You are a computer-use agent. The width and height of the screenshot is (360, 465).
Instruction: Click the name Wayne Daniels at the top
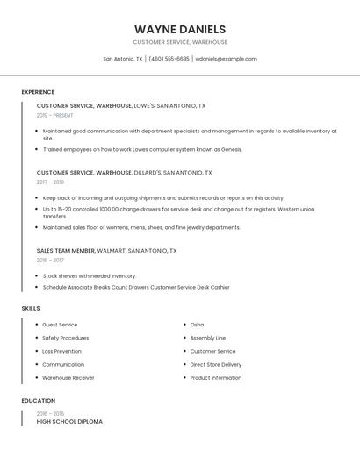point(180,29)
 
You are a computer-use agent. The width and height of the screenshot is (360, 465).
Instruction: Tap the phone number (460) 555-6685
point(169,59)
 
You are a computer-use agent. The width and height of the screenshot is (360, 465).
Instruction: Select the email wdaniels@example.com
point(226,59)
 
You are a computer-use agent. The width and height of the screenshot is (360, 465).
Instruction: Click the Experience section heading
point(38,92)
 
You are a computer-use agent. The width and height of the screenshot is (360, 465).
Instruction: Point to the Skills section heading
point(31,308)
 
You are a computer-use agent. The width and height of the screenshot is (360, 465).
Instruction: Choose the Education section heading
point(38,400)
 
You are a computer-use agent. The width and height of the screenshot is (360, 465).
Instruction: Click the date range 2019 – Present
point(54,115)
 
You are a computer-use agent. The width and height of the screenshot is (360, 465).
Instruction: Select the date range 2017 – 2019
point(50,182)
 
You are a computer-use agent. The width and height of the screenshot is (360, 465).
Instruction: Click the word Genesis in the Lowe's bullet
point(230,149)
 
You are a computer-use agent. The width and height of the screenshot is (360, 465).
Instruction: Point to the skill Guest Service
point(60,325)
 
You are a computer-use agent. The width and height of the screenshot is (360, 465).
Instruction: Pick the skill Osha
point(197,325)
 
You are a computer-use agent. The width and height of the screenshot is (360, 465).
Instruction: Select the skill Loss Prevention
point(61,351)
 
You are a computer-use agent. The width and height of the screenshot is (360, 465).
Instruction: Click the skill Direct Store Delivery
point(215,364)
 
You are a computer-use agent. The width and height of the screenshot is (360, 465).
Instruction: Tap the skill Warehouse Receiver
point(68,377)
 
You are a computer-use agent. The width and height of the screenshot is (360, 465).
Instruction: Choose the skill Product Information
point(215,377)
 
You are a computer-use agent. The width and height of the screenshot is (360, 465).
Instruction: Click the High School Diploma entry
point(69,421)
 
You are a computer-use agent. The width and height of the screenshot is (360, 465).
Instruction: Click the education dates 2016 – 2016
point(50,413)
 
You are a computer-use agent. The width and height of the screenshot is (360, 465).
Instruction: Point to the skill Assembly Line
point(207,338)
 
